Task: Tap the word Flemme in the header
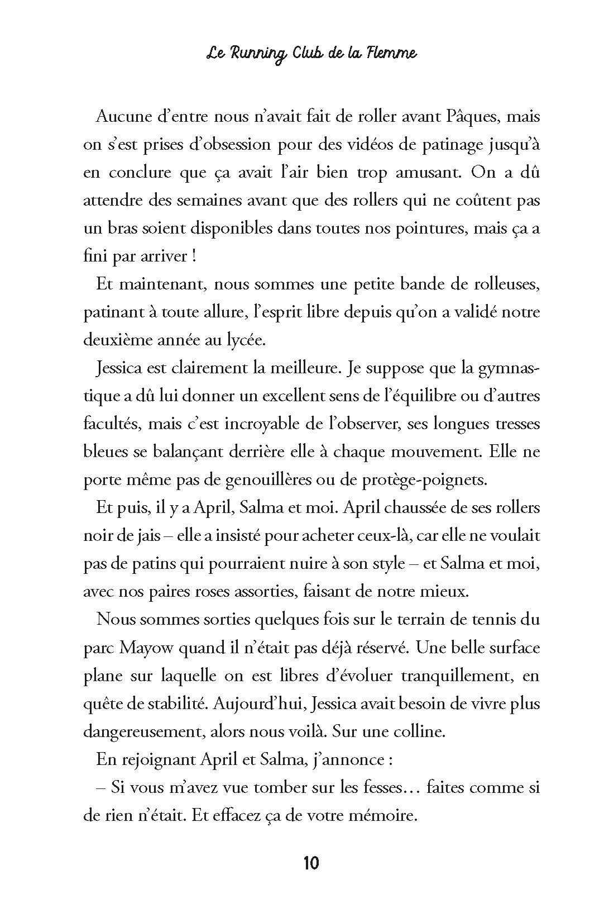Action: click(391, 54)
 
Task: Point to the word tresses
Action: click(517, 424)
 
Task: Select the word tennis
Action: click(482, 620)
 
